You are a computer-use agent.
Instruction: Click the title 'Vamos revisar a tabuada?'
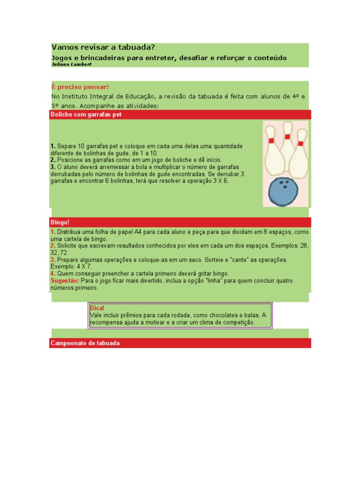click(103, 47)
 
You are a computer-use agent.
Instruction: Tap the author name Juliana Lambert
click(71, 64)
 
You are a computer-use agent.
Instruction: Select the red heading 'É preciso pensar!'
click(80, 87)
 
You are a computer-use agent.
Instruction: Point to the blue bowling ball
click(283, 192)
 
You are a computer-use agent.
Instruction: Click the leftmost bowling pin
click(271, 150)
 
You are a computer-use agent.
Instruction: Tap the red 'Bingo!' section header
click(60, 222)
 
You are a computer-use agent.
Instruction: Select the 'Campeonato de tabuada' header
click(85, 343)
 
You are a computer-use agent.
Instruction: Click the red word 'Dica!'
click(97, 308)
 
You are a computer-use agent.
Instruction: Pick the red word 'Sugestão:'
click(65, 281)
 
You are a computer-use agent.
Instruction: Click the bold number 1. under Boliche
click(53, 147)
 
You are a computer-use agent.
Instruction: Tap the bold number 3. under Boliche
click(53, 167)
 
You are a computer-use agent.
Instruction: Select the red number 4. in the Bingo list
click(53, 273)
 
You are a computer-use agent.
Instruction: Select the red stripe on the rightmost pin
click(300, 143)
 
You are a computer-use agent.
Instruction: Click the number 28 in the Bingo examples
click(304, 246)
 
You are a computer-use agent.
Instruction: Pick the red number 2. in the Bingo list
click(53, 246)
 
